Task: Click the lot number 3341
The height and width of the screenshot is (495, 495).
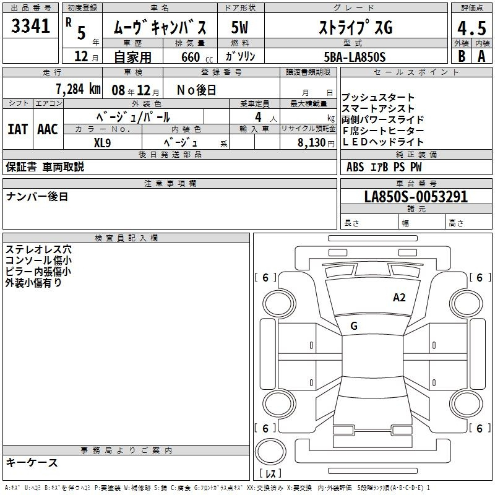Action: [30, 26]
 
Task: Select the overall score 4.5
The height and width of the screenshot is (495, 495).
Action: [471, 28]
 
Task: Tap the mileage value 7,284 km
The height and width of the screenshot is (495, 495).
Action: [78, 89]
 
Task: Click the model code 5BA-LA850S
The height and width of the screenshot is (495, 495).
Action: [355, 57]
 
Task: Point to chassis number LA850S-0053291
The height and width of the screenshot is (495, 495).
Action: [416, 197]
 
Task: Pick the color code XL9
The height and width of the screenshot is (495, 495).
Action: [102, 143]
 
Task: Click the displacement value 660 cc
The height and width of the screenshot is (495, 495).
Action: [197, 57]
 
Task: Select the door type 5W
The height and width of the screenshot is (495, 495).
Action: [239, 27]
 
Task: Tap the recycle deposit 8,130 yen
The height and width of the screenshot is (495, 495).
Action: [316, 143]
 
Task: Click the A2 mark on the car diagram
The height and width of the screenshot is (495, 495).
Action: [399, 298]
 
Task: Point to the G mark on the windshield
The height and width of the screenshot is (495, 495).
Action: [354, 326]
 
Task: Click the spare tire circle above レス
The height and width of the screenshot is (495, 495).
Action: [270, 452]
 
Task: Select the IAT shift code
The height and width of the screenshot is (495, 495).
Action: [17, 129]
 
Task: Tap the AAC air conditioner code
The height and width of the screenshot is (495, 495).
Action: [48, 129]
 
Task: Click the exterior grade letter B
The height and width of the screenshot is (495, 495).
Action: [462, 56]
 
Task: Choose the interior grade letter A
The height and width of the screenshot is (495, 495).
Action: [481, 56]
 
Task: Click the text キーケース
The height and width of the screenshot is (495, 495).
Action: [32, 463]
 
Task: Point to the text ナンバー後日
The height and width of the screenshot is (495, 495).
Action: [37, 197]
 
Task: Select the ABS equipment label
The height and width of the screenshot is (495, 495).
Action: [355, 167]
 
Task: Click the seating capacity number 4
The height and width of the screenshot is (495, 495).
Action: [258, 117]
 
